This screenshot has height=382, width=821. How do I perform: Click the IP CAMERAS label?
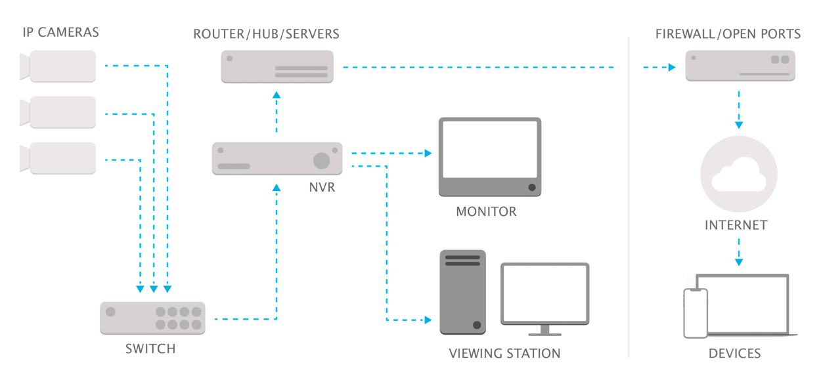pyautogui.click(x=60, y=33)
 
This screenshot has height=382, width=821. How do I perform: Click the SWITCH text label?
pyautogui.click(x=150, y=349)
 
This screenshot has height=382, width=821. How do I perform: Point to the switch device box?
pyautogui.click(x=152, y=318)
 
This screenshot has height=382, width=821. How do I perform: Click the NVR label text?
pyautogui.click(x=322, y=188)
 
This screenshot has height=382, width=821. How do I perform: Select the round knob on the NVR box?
pyautogui.click(x=321, y=160)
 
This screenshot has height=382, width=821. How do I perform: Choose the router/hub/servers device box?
pyautogui.click(x=277, y=67)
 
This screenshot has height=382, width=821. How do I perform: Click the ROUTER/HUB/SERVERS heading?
pyautogui.click(x=266, y=33)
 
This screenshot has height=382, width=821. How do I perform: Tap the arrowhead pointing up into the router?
pyautogui.click(x=277, y=96)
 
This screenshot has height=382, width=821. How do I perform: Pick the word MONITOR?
pyautogui.click(x=486, y=212)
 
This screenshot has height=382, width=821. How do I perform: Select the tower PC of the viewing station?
pyautogui.click(x=462, y=292)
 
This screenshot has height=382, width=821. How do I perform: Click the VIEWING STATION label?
pyautogui.click(x=504, y=354)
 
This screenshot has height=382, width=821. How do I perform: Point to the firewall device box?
pyautogui.click(x=740, y=66)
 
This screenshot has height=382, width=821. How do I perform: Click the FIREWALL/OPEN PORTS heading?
pyautogui.click(x=728, y=33)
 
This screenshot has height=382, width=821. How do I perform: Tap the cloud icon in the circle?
pyautogui.click(x=739, y=175)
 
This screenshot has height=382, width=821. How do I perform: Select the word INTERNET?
pyautogui.click(x=736, y=225)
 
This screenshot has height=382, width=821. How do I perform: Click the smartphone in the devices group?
pyautogui.click(x=696, y=313)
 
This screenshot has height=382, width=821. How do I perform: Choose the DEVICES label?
pyautogui.click(x=734, y=354)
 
